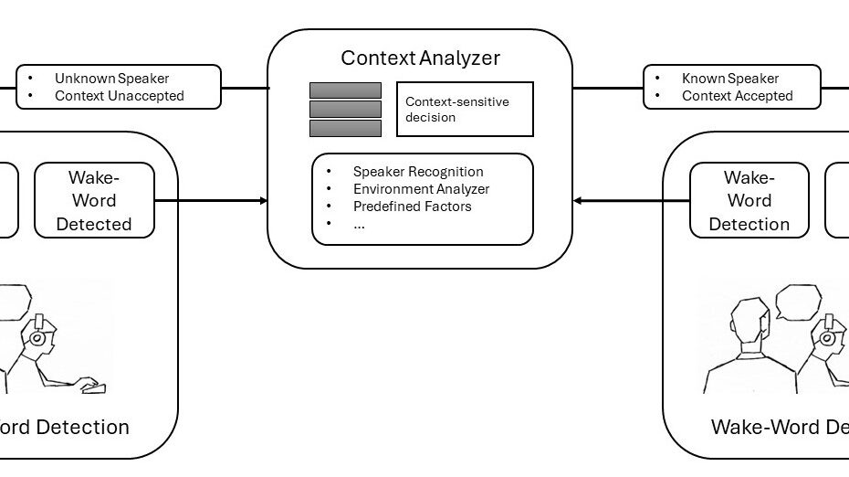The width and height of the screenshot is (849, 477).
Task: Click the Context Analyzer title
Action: point(420,58)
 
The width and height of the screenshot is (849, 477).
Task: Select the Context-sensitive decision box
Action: point(464,110)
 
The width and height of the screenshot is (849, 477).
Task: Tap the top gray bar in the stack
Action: point(345,90)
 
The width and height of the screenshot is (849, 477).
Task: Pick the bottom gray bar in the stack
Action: point(345,129)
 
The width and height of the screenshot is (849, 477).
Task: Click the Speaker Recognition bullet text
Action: point(417,172)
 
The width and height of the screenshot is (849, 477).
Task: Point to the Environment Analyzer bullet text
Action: point(421,189)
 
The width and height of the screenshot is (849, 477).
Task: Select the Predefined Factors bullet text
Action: point(412,207)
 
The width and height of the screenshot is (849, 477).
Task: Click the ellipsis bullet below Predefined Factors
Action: point(359,225)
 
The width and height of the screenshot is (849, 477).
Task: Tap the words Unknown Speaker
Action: point(111,79)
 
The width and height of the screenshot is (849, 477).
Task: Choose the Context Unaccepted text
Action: point(119,96)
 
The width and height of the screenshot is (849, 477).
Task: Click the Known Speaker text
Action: point(730,79)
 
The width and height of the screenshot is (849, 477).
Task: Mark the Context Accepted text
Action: point(737,96)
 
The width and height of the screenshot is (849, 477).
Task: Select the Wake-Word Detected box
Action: point(94,200)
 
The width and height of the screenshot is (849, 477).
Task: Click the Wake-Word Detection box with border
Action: point(749,200)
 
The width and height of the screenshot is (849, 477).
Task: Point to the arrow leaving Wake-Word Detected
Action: point(210,200)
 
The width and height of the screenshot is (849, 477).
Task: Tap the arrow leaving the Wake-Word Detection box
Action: point(630,200)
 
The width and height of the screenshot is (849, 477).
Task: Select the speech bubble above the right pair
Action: point(798,302)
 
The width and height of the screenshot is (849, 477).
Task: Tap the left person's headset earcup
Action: point(37,337)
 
